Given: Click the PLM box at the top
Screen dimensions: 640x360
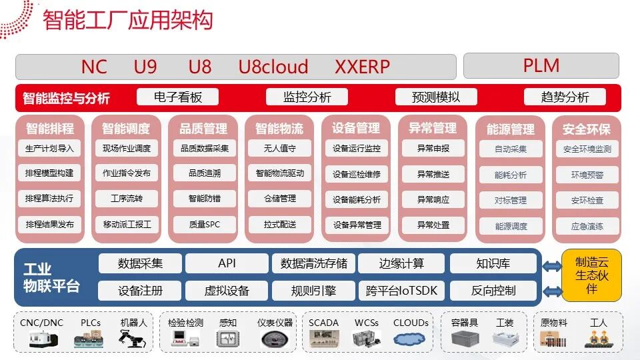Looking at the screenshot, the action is [x=541, y=66].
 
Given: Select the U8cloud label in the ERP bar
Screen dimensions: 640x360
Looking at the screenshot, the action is [x=273, y=67].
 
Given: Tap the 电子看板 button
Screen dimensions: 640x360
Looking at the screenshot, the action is [x=177, y=97].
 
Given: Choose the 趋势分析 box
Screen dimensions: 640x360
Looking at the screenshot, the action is [x=565, y=97].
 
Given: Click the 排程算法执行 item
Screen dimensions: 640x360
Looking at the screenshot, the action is [x=49, y=199].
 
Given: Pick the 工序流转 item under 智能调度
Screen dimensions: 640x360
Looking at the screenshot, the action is [x=127, y=199].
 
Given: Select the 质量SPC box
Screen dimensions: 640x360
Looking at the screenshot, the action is [x=205, y=225].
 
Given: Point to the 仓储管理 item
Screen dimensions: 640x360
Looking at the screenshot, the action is [x=280, y=199].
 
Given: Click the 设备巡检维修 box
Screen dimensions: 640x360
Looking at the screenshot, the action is [x=357, y=174].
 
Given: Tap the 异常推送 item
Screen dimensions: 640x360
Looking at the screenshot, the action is [x=433, y=174].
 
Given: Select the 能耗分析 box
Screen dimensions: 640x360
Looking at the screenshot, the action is [x=511, y=175].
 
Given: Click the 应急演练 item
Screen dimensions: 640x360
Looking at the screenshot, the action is [x=587, y=226].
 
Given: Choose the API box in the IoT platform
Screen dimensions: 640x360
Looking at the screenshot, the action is [x=227, y=263].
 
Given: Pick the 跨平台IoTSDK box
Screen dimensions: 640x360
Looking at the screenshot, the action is [x=401, y=291].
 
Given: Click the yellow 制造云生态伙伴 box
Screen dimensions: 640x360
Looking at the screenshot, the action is [x=592, y=275].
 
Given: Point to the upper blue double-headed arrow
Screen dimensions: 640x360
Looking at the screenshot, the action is [x=552, y=267].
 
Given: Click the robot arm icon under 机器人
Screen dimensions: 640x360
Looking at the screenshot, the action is [x=131, y=339].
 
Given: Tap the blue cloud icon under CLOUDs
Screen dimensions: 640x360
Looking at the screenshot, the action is [x=409, y=339].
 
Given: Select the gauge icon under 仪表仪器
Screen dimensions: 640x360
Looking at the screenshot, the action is [x=275, y=339].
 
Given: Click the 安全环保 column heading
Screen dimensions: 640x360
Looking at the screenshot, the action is [x=587, y=129].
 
